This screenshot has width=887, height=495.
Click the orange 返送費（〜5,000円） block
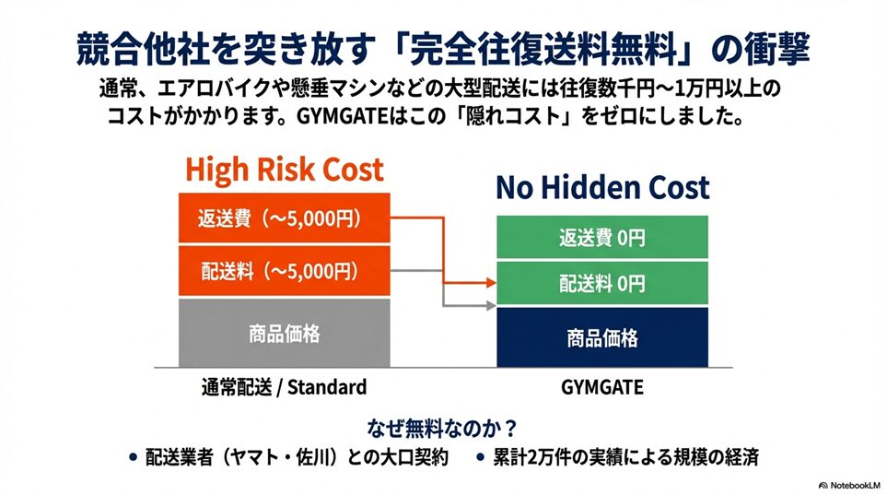coord(284,218)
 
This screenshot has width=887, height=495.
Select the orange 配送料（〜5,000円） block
coord(284,271)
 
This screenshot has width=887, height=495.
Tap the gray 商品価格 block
coord(284,333)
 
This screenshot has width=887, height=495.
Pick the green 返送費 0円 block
coord(601,237)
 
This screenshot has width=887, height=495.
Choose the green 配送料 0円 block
coord(601,283)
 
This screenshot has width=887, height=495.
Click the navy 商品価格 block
coord(601,337)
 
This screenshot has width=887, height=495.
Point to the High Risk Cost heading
coord(285,170)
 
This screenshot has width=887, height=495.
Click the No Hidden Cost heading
coord(602,187)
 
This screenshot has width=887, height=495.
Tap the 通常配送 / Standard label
coord(284,387)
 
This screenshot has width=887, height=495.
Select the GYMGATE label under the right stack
coord(601,387)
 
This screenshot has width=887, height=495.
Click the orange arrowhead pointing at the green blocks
coord(491,282)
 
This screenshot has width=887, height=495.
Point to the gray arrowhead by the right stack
coord(491,306)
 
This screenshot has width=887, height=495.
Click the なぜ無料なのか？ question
coord(442,429)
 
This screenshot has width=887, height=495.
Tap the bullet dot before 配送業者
coord(133,456)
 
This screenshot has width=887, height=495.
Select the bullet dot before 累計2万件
coord(480,456)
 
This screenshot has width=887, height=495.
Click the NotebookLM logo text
coord(849,486)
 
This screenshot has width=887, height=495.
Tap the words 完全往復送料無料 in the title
coord(544,49)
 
